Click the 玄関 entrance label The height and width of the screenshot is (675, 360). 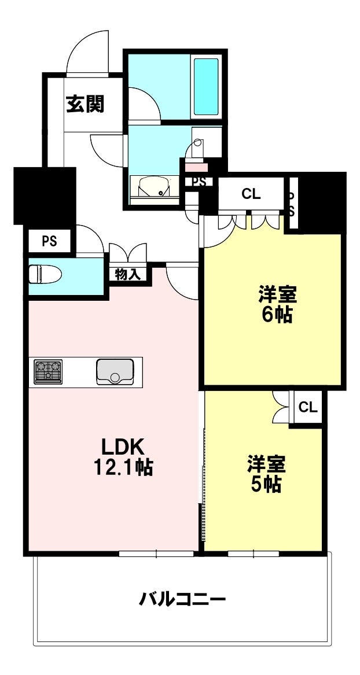[x=85, y=104]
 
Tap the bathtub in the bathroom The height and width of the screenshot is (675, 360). [x=206, y=87]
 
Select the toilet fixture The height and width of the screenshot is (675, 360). [x=45, y=274]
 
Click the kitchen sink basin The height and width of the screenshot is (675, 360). [x=115, y=371]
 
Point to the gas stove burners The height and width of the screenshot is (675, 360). [x=48, y=371]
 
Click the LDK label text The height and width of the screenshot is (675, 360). [x=122, y=447]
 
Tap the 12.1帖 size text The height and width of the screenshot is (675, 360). [x=123, y=467]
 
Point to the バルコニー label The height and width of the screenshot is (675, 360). [x=182, y=599]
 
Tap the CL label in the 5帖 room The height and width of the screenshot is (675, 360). [x=308, y=407]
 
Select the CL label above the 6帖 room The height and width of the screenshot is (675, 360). [x=251, y=195]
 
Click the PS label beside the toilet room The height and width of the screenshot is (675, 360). [x=50, y=242]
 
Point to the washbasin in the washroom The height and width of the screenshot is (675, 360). [x=154, y=187]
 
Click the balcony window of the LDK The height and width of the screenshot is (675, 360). [x=156, y=554]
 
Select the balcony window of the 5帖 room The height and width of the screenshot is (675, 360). [x=254, y=554]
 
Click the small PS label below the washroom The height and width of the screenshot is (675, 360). [x=199, y=182]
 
